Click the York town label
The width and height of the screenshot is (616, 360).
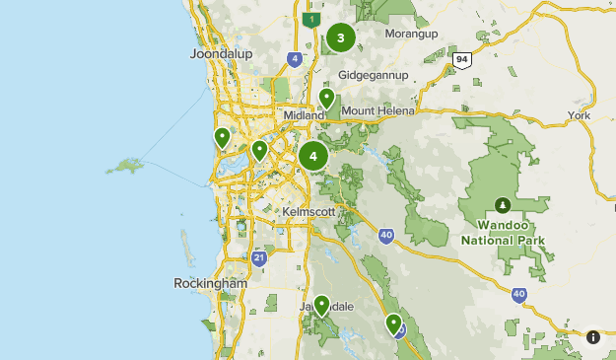[x=579, y=115]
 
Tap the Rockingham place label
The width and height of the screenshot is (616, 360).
[x=210, y=283]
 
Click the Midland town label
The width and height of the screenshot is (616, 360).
[x=303, y=115]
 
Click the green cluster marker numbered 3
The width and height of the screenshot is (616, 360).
[x=341, y=38]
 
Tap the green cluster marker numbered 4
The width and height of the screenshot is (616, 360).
[x=313, y=155]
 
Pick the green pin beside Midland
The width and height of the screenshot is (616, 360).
[x=326, y=100]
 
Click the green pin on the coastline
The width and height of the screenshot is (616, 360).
[x=223, y=138]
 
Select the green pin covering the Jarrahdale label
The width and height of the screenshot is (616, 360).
[x=321, y=305]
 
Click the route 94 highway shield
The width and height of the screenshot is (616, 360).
[x=461, y=59]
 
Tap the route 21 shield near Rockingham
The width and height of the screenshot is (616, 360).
[x=258, y=258]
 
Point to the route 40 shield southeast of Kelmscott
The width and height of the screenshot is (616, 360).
[x=386, y=234]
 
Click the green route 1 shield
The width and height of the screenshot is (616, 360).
[x=312, y=19]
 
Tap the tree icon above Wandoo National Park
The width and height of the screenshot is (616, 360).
[x=504, y=205]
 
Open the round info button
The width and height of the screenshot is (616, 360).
[x=593, y=336]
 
